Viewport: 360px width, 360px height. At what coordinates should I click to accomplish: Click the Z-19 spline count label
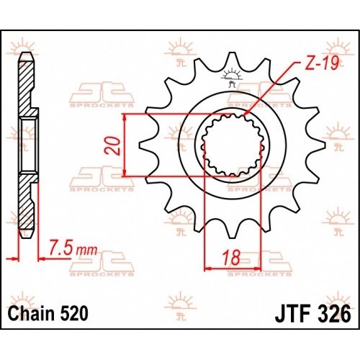pos(321,63)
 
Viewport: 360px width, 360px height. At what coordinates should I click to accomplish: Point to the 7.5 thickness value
pos(61,251)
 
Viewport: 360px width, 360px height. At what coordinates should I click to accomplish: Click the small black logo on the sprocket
pos(231,77)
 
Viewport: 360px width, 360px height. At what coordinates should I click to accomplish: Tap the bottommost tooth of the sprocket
pos(231,232)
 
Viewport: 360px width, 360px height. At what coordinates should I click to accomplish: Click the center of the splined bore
pos(232,145)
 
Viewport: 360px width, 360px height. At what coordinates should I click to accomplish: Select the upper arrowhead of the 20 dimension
pos(124,118)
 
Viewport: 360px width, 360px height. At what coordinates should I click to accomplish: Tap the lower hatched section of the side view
pos(25,202)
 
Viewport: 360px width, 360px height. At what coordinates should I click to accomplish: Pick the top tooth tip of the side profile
pos(27,54)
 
